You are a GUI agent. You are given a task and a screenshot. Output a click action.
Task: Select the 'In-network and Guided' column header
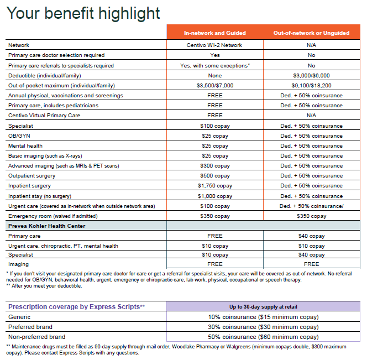214,33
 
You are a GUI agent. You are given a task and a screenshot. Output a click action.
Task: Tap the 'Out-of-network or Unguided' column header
311,33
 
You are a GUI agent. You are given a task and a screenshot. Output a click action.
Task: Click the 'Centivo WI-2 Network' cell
214,45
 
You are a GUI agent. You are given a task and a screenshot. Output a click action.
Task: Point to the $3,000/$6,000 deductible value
311,75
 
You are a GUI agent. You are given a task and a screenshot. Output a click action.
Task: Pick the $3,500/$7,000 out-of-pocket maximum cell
214,86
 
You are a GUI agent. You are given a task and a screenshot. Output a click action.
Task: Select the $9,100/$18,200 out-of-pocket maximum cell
311,86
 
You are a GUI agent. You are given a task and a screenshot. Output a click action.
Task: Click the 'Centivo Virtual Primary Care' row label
44,116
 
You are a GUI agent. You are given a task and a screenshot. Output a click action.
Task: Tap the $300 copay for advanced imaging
214,166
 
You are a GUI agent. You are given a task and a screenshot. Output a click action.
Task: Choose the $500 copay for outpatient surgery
214,176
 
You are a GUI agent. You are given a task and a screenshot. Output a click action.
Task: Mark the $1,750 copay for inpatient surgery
214,186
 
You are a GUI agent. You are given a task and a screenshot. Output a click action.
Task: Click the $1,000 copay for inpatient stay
214,196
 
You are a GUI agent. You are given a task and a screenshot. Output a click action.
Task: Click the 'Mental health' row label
24,146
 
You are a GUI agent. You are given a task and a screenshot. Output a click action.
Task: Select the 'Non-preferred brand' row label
36,337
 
